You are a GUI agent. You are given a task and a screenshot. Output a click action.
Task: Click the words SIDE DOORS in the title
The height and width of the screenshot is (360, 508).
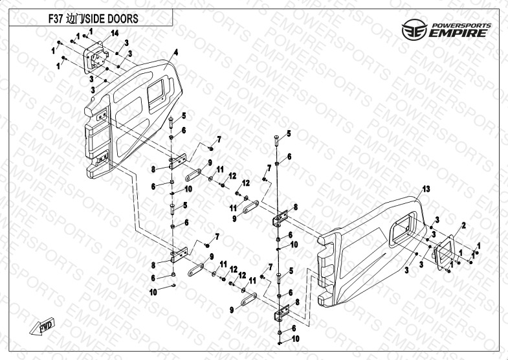(x=111, y=19)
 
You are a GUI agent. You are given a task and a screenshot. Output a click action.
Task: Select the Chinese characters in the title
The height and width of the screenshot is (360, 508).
(x=73, y=19)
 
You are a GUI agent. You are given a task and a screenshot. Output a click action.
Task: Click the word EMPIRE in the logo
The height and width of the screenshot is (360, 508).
(x=458, y=33)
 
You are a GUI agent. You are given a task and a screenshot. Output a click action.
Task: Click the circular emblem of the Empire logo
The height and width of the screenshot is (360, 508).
(x=414, y=30)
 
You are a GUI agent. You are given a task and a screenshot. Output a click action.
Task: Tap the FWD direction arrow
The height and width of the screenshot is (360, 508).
(x=43, y=326)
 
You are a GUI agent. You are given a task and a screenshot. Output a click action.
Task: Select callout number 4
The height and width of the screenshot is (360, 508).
(x=176, y=52)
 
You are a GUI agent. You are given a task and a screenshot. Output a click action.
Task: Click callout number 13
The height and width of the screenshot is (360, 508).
(x=426, y=188)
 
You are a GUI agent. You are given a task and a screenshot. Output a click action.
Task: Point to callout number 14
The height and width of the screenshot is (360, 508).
(x=115, y=33)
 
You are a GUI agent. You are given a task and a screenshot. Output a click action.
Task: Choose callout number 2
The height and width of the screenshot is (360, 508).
(x=463, y=225)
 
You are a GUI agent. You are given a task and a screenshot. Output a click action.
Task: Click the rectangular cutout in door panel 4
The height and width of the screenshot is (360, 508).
(x=155, y=92)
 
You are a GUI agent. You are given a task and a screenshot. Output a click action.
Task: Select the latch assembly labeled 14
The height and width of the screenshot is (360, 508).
(x=96, y=58)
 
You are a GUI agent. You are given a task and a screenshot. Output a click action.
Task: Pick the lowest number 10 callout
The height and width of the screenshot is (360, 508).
(x=295, y=339)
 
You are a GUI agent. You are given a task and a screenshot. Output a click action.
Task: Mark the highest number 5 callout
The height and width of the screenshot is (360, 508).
(x=184, y=115)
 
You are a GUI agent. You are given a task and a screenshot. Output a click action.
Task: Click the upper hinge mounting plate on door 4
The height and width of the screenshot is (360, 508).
(x=102, y=115)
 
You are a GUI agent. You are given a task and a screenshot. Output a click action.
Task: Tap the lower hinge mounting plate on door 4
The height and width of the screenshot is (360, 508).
(x=103, y=158)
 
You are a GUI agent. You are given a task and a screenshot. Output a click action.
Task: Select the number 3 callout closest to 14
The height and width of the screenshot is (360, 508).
(x=127, y=43)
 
